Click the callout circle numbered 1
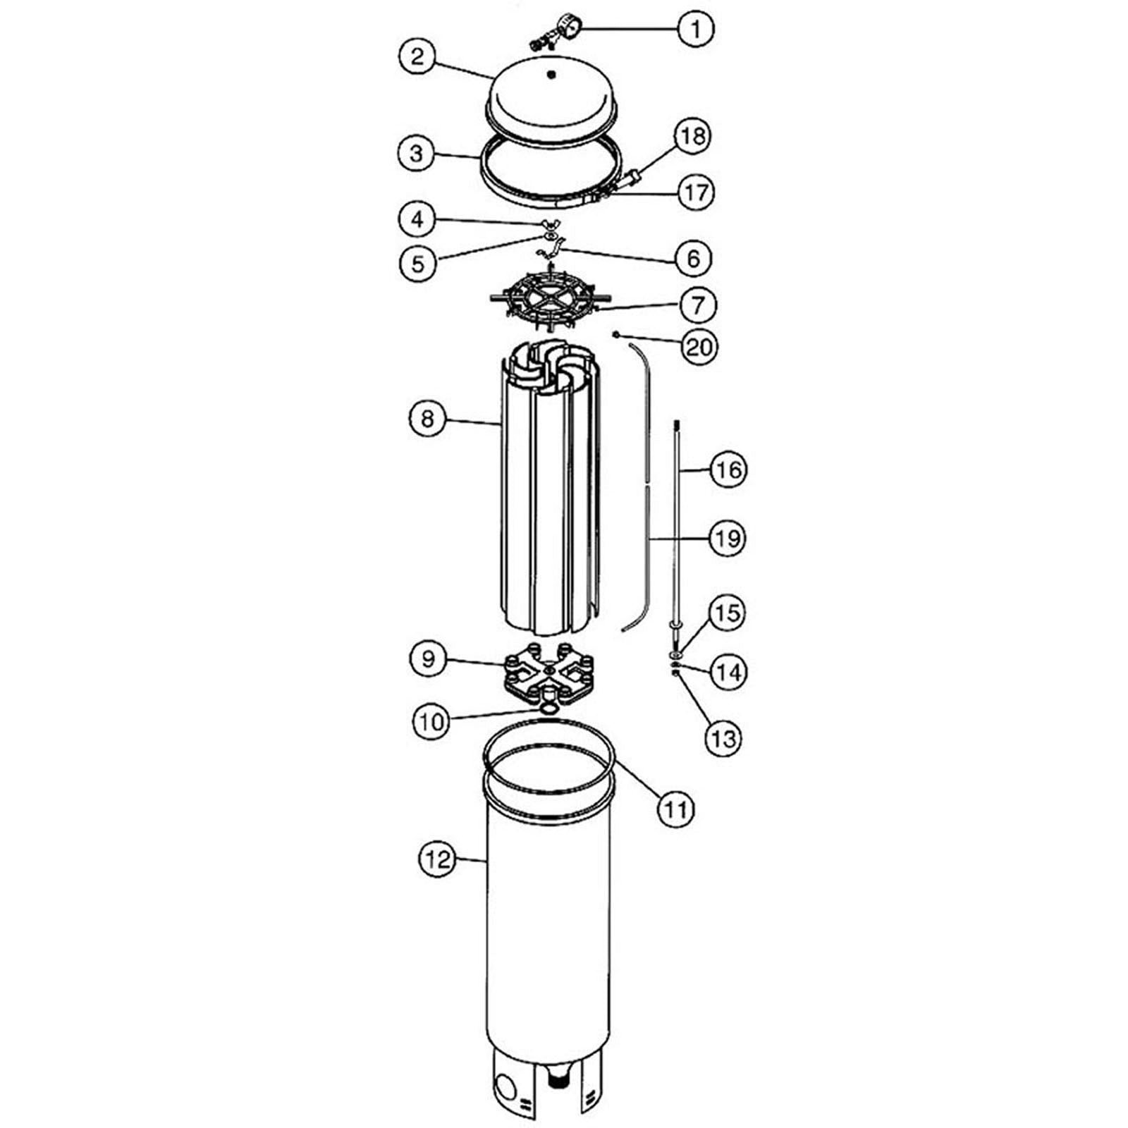696,29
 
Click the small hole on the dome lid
551,73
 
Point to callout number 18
693,136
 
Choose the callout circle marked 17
696,192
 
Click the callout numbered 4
419,220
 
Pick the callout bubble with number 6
693,259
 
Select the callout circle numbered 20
699,347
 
